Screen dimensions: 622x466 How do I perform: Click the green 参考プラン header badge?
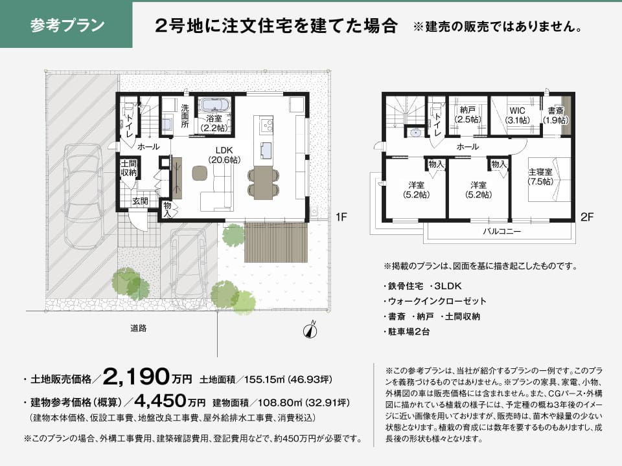(66, 25)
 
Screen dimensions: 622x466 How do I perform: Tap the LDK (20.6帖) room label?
(224, 155)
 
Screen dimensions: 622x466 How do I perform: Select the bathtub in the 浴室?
(214, 105)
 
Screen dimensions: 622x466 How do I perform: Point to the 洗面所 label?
(185, 116)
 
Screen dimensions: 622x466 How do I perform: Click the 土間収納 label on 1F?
(129, 168)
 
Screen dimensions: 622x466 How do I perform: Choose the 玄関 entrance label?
(141, 201)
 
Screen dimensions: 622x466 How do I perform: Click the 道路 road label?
(139, 328)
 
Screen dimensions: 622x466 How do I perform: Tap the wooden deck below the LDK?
(276, 242)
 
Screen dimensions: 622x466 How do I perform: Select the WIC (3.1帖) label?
(518, 115)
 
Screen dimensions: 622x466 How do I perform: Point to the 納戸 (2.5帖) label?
(468, 115)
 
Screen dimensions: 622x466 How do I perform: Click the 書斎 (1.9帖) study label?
(555, 115)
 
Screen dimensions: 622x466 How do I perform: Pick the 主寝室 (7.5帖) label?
(540, 177)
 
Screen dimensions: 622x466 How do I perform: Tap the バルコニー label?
(501, 231)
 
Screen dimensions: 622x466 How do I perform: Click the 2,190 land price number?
(136, 377)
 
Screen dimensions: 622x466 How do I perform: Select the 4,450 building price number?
(160, 401)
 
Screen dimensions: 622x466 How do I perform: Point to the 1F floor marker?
(341, 217)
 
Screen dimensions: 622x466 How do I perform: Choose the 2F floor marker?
(587, 217)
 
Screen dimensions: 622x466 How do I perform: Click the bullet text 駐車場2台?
(407, 331)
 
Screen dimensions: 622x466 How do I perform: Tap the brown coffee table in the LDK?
(200, 173)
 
